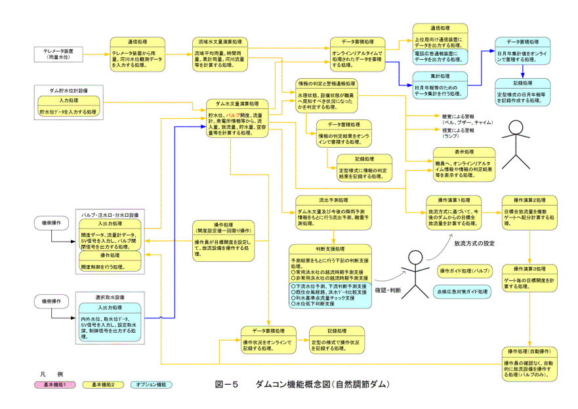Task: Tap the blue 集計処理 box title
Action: click(x=440, y=76)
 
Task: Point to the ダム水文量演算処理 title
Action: click(x=232, y=104)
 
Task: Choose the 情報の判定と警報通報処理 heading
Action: click(x=327, y=84)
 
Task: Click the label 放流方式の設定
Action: click(x=474, y=244)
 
